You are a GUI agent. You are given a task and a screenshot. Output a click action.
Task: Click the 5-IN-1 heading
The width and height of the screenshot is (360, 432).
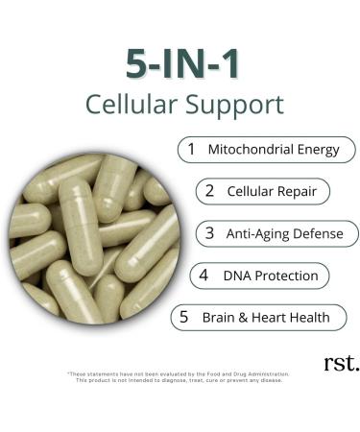click(180, 62)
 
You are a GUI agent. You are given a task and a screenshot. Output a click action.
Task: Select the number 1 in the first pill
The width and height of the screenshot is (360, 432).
click(191, 150)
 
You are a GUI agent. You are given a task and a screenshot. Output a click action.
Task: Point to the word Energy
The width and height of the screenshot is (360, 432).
click(322, 151)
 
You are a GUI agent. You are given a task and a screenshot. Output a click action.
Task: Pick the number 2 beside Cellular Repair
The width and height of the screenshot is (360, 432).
click(208, 191)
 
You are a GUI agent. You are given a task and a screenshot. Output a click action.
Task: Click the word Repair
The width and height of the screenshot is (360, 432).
click(298, 191)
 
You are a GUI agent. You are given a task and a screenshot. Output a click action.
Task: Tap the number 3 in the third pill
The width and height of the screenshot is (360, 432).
click(210, 233)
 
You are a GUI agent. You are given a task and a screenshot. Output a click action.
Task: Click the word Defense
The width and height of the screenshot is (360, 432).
click(322, 233)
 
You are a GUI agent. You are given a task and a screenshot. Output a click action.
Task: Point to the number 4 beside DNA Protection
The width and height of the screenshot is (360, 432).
click(203, 276)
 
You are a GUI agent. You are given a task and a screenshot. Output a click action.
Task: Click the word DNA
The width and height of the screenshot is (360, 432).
click(236, 276)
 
